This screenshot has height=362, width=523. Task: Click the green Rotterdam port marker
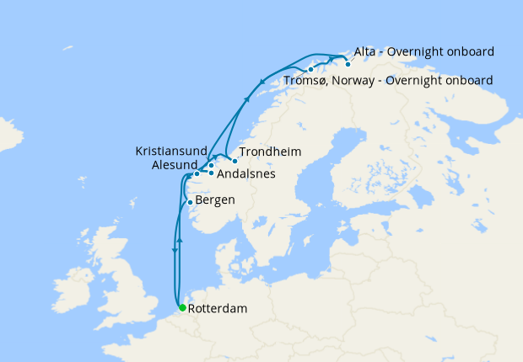(182, 307)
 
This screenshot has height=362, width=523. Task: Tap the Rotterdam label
(218, 309)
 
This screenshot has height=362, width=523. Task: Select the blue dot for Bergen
(190, 202)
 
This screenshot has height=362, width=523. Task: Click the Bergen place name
(215, 200)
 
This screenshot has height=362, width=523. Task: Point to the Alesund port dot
(197, 174)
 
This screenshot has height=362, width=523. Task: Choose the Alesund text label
(175, 165)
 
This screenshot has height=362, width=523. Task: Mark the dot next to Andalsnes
(210, 173)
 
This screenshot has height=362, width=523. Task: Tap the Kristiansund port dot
(211, 165)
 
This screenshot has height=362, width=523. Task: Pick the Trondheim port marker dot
(235, 160)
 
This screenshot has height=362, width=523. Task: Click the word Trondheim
(270, 152)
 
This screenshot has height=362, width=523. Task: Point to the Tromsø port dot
(311, 69)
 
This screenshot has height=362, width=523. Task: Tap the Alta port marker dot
(348, 64)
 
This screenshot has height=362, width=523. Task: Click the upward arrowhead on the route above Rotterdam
(181, 241)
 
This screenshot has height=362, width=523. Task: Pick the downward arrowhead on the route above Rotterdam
(175, 250)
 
